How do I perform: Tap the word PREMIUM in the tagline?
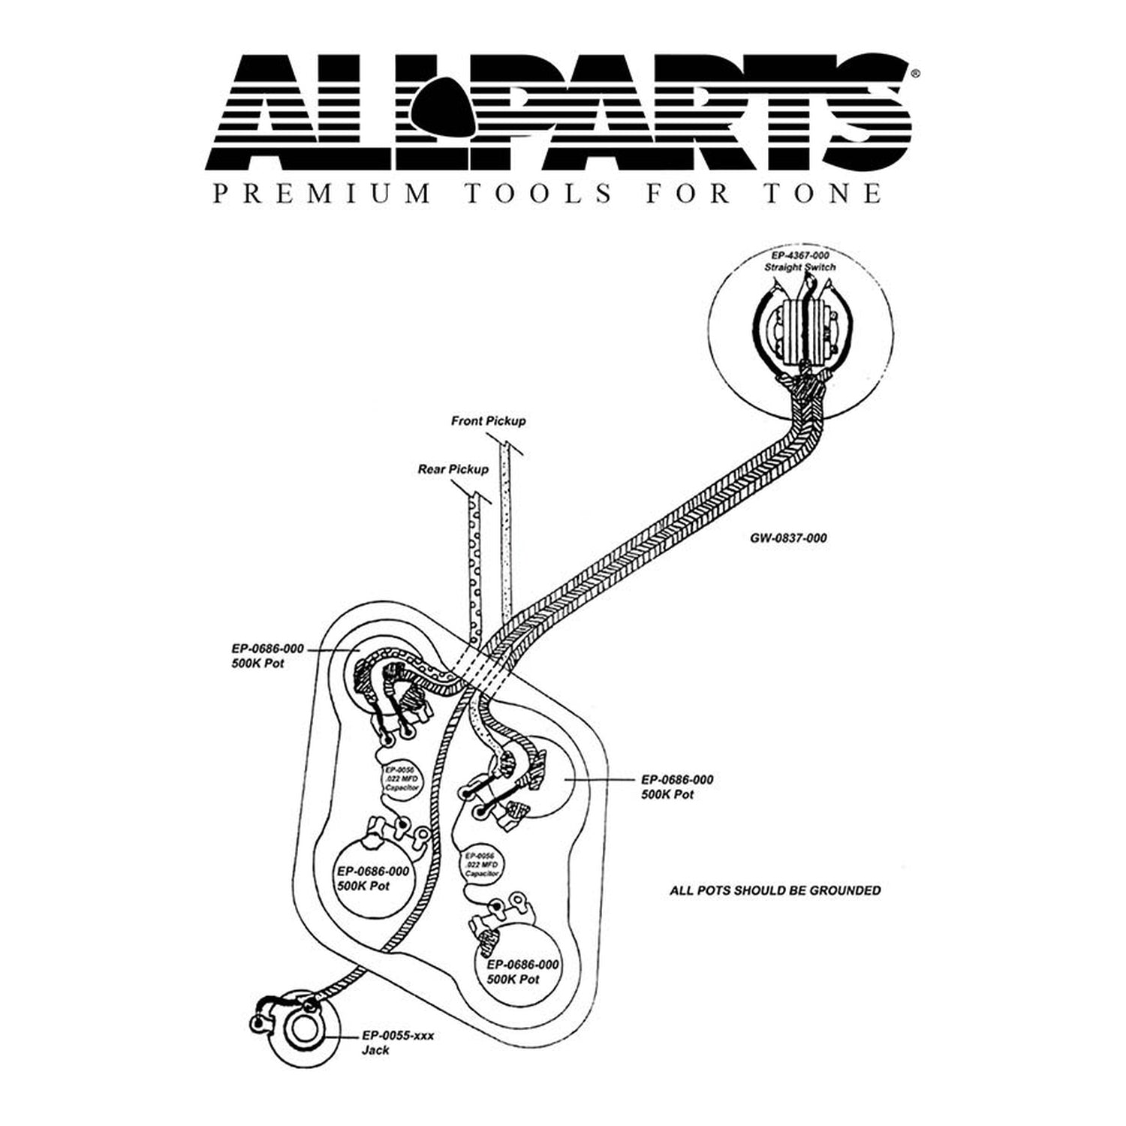(322, 194)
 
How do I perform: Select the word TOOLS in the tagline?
(537, 194)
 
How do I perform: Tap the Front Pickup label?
(488, 421)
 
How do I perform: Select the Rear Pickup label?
(453, 469)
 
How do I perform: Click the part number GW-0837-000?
(788, 537)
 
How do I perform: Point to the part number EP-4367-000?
(799, 256)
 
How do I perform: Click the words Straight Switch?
(799, 267)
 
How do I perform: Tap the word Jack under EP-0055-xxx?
(375, 1050)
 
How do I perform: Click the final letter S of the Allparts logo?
(871, 113)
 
